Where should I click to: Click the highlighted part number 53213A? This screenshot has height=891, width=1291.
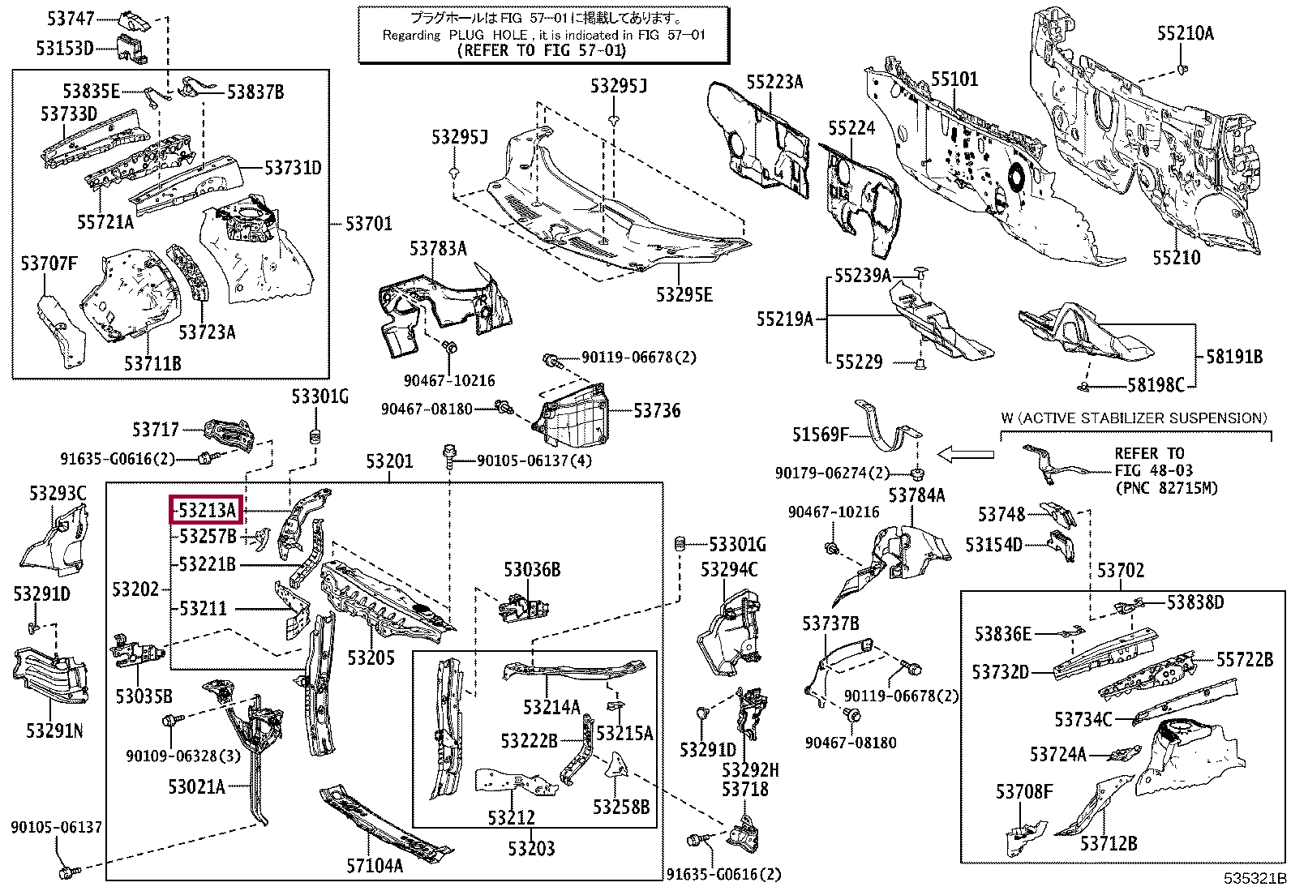pyautogui.click(x=206, y=511)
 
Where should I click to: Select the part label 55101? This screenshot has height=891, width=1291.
pyautogui.click(x=954, y=79)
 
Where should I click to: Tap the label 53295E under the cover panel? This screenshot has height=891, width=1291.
pyautogui.click(x=684, y=294)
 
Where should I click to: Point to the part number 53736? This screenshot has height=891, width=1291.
pyautogui.click(x=657, y=411)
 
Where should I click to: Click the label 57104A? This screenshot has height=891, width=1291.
pyautogui.click(x=375, y=865)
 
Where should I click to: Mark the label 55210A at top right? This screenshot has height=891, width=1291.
pyautogui.click(x=1185, y=33)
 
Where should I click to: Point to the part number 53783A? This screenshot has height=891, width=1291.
pyautogui.click(x=437, y=249)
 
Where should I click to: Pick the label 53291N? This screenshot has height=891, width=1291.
pyautogui.click(x=54, y=730)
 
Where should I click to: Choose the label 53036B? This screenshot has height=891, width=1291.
pyautogui.click(x=532, y=570)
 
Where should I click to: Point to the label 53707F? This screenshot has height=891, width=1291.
pyautogui.click(x=49, y=263)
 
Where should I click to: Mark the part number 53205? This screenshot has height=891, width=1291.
pyautogui.click(x=371, y=657)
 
